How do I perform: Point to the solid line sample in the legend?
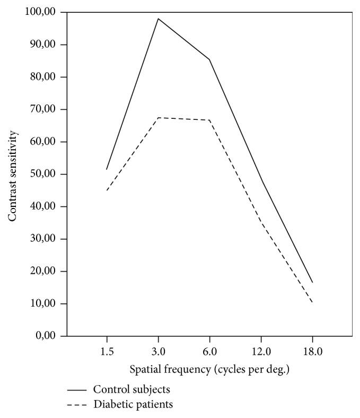click(x=77, y=390)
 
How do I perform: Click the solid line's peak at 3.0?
click(x=158, y=19)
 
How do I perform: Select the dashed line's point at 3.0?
click(x=158, y=117)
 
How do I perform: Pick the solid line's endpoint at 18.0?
click(x=312, y=282)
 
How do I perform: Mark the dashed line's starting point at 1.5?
click(x=107, y=190)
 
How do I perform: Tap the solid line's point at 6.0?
click(x=209, y=59)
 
